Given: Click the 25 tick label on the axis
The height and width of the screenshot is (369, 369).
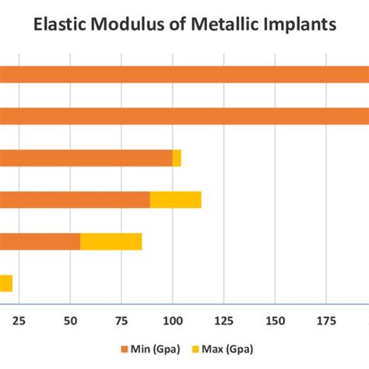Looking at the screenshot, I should coord(19,320).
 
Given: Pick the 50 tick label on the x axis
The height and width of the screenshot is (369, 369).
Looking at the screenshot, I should coord(70,320).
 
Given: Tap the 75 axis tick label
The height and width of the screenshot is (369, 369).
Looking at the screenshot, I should coord(121,320).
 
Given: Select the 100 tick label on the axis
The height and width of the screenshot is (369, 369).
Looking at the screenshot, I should coord(172,320).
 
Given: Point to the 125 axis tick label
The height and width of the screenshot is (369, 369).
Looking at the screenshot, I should coord(223,320).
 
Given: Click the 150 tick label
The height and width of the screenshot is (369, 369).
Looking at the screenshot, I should coord(275,320).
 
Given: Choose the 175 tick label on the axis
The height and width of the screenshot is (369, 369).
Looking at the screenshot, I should coord(326,320).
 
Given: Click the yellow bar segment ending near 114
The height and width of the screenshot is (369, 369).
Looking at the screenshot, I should coord(175,200).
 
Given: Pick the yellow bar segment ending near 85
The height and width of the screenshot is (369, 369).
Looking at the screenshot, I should coord(111,241).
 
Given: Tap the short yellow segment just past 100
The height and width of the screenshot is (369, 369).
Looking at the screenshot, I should coord(177,158).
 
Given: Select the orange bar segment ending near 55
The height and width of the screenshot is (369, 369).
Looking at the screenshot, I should coord(40,241).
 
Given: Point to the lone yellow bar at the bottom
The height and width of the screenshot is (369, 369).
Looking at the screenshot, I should coord(6,283).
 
